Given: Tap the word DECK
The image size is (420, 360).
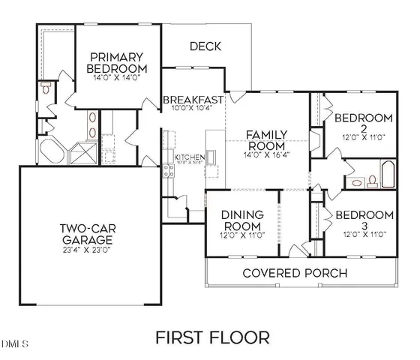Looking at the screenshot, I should point(205,46).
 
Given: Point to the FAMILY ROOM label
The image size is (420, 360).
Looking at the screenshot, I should point(266,140).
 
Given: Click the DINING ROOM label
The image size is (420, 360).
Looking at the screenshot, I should point(241,220).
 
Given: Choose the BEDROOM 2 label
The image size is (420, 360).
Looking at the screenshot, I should point(364,122).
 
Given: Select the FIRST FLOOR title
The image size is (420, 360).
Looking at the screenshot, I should point(212,337).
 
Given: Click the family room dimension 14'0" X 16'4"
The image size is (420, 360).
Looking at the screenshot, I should point(266,155).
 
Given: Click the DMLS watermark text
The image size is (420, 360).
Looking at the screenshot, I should point(14,345).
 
